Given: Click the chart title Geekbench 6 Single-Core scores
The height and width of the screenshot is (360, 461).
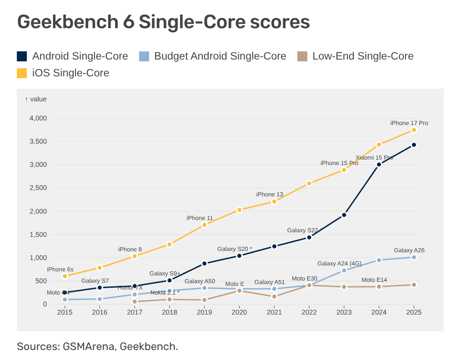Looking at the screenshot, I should point(163,22).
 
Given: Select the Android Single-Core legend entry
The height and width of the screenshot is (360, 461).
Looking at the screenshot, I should point(72,56).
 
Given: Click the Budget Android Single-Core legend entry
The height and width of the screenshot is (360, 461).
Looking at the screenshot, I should point(212,56).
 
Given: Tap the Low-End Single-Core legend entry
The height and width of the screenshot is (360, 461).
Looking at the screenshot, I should point(355,56).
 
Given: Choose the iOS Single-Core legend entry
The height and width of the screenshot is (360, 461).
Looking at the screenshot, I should point(63,73).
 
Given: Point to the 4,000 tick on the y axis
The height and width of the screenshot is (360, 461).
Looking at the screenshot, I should point(38,118).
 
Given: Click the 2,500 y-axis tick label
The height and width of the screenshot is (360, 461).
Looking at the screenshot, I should point(38,188).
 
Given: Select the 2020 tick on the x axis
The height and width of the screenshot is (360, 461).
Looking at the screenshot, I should point(239,312).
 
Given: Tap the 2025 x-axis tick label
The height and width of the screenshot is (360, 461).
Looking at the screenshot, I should point(414,312).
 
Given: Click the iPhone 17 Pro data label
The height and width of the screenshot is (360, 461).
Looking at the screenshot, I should point(409,123).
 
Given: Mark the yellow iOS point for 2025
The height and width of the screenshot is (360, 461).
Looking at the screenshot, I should point(414,130).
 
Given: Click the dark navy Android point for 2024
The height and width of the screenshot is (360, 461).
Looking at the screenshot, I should point(379,165).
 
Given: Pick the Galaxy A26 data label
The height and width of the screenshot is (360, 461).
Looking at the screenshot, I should point(409,250).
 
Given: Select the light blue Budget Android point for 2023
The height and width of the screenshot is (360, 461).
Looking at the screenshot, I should point(344,270).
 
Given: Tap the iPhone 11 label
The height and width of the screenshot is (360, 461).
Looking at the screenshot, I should point(200,218).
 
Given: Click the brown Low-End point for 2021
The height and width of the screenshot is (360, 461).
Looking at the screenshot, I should point(274,296).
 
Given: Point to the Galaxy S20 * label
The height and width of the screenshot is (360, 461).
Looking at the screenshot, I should point(235,249).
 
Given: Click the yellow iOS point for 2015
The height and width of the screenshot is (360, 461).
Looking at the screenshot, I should point(65,276).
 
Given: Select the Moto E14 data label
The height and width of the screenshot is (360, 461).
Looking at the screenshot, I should point(374,280).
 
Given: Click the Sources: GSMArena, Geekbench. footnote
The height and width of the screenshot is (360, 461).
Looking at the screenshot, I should point(97,346).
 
